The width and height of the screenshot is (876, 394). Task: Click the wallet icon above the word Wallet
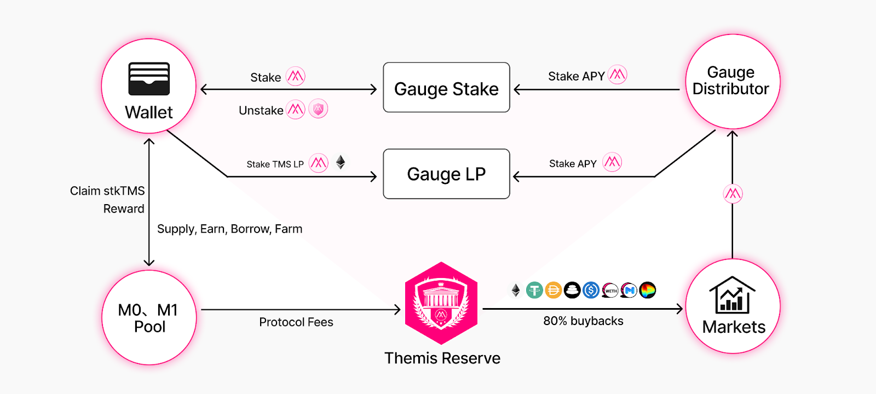tap(149, 79)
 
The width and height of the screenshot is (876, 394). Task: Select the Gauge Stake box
tap(446, 88)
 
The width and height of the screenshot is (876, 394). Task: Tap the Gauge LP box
tap(446, 174)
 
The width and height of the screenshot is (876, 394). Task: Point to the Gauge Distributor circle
tap(733, 82)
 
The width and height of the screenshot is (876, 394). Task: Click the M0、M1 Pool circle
tap(149, 317)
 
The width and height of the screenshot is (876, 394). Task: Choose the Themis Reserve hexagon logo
tap(441, 303)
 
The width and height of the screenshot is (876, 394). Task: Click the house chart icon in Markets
tap(733, 295)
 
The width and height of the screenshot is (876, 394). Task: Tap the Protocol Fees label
tap(296, 322)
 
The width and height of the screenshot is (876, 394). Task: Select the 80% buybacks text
tap(583, 321)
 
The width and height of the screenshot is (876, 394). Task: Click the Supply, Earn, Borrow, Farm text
tap(230, 229)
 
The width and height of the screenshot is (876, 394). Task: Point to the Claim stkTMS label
tap(107, 191)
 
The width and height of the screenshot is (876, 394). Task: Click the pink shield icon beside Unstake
tap(318, 109)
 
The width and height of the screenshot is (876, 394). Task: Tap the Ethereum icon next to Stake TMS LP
tap(341, 162)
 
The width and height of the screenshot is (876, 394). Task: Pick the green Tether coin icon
tap(534, 291)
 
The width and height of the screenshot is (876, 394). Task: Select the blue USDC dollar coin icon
tap(591, 291)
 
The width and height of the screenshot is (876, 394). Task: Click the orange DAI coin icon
tap(554, 291)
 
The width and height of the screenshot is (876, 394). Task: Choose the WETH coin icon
tap(610, 291)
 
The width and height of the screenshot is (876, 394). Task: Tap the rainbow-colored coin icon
tap(648, 291)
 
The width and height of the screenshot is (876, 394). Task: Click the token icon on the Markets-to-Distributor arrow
tap(733, 194)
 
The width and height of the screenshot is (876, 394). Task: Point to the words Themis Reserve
tap(442, 358)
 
